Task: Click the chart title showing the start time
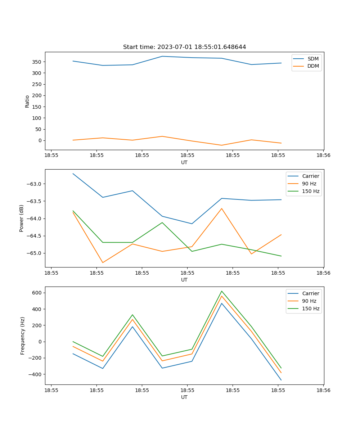click(184, 47)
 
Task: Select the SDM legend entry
click(313, 59)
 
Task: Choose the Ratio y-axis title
click(27, 101)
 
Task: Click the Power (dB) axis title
click(22, 218)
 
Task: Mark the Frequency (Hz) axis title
click(23, 336)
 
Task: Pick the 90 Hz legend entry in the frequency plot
click(309, 301)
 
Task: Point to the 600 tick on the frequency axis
click(37, 293)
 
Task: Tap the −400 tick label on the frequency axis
click(36, 374)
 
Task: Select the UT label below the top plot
click(184, 162)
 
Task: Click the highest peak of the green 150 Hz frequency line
click(222, 291)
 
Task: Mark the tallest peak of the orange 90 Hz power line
click(222, 208)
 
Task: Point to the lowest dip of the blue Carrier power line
click(192, 224)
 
